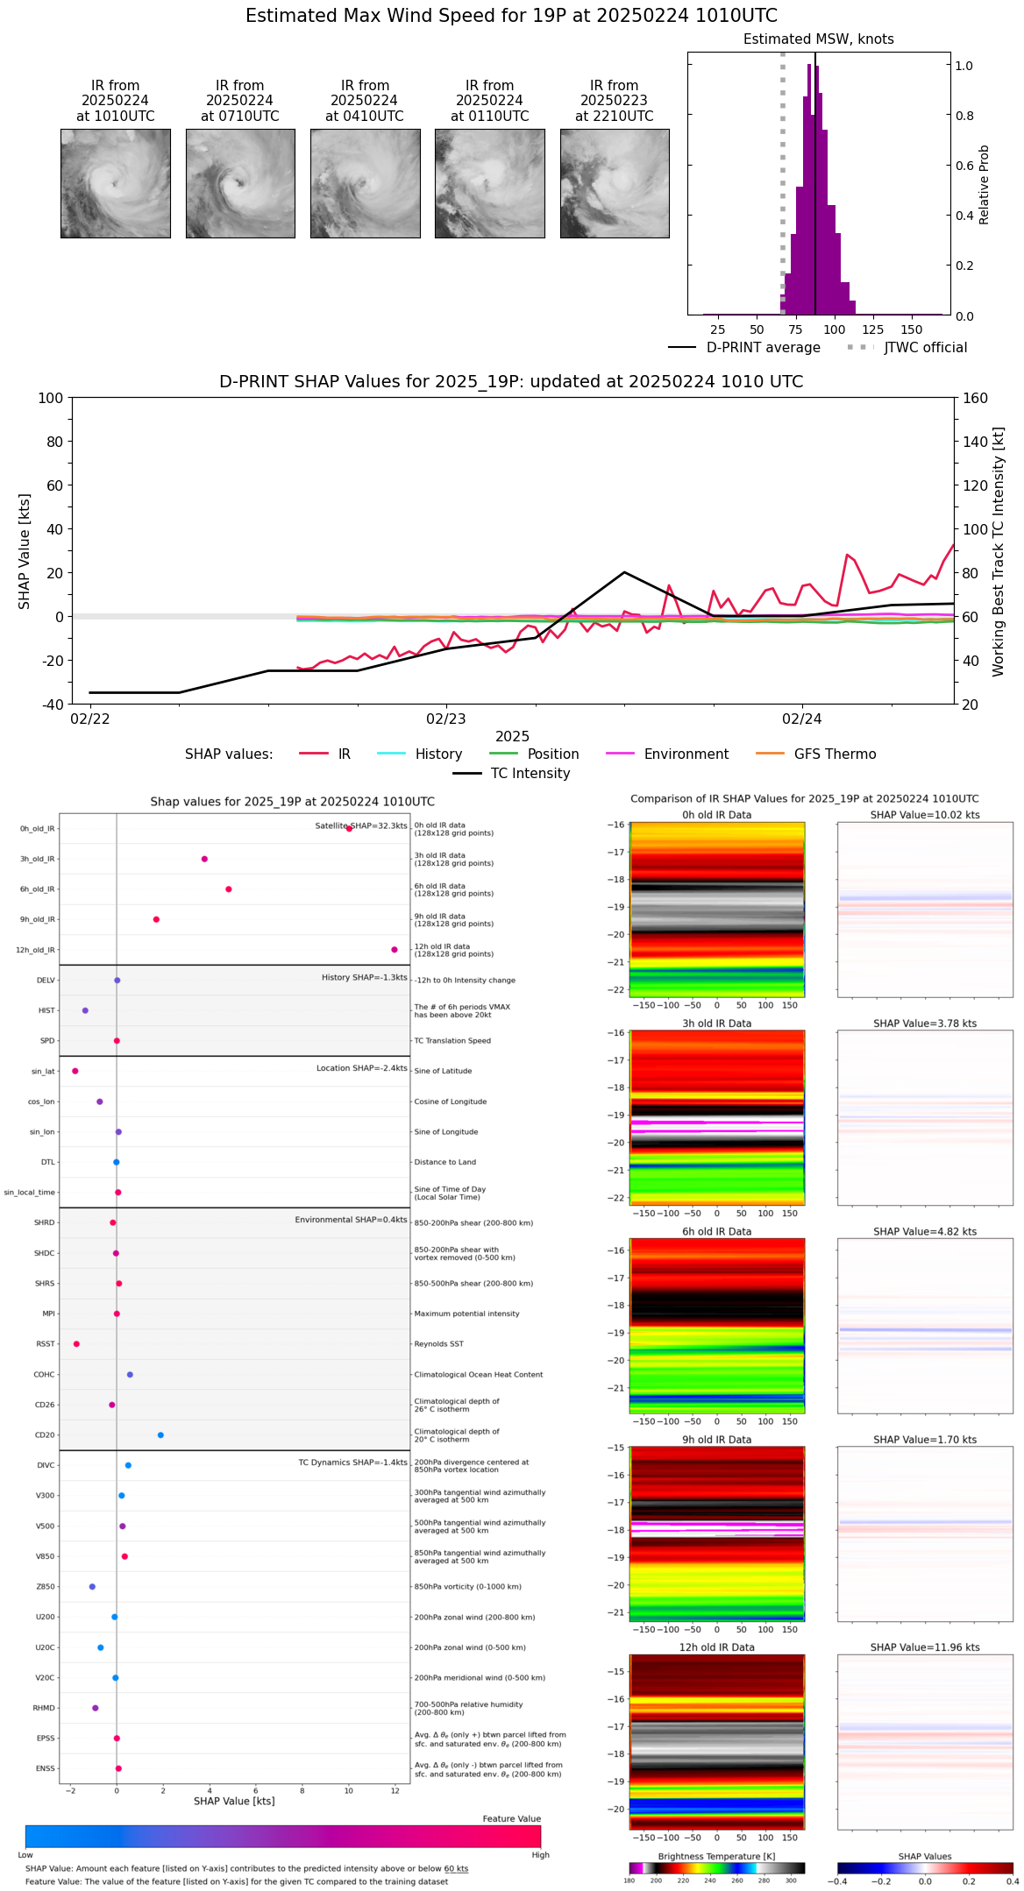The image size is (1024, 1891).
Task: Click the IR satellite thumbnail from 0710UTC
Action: (239, 183)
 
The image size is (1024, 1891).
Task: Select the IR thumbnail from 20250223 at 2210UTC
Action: (615, 183)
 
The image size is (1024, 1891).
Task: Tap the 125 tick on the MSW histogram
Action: (872, 329)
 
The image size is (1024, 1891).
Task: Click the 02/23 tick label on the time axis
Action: (446, 719)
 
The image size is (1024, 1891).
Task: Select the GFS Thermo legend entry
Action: (835, 754)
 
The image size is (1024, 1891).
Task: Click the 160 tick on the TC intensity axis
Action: (975, 398)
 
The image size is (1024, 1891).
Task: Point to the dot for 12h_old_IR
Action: (395, 950)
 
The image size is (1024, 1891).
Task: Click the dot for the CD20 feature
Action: (160, 1435)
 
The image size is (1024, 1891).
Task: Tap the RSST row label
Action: (46, 1344)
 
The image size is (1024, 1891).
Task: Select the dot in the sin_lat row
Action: (75, 1071)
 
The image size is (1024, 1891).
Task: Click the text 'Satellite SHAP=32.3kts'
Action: (361, 826)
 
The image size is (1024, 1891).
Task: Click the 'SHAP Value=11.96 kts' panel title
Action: (925, 1647)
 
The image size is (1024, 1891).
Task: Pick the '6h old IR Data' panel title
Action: (716, 1231)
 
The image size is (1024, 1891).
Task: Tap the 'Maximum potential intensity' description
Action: (466, 1314)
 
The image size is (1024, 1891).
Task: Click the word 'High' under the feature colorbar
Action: (540, 1855)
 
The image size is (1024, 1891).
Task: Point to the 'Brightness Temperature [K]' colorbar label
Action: (716, 1857)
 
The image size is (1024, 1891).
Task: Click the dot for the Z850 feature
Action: (92, 1587)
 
